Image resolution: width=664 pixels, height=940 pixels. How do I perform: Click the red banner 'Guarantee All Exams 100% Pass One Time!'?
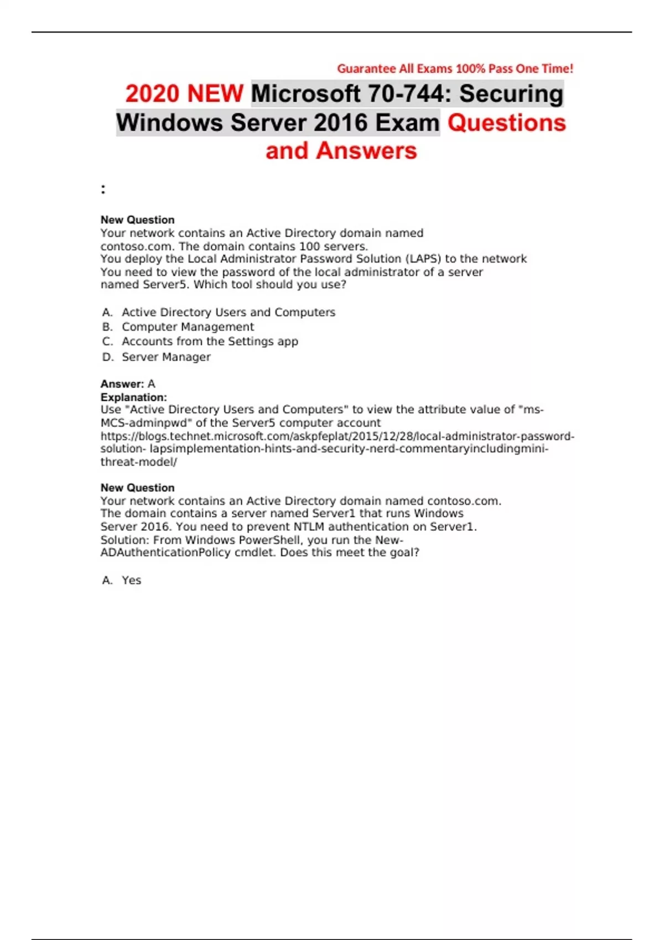[x=455, y=69]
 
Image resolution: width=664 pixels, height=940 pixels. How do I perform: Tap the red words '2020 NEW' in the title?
[x=184, y=93]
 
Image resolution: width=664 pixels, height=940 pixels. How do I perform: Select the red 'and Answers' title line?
[x=341, y=150]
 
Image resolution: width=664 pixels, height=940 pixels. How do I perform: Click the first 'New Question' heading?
[x=137, y=220]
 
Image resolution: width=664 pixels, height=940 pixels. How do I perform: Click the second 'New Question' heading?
[x=137, y=488]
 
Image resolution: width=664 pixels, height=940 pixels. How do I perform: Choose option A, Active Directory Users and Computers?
[x=228, y=312]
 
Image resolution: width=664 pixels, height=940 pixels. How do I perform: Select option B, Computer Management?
[x=188, y=327]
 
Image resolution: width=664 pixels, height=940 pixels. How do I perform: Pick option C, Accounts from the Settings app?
[x=210, y=341]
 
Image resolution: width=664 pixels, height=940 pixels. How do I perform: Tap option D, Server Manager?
[x=166, y=357]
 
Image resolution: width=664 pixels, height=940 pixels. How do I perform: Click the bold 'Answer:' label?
[x=122, y=384]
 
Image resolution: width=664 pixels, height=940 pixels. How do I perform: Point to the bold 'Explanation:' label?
[x=133, y=397]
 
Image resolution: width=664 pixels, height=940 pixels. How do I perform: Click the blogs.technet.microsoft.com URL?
[x=337, y=436]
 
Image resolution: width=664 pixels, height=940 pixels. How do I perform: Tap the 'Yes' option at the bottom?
[x=131, y=580]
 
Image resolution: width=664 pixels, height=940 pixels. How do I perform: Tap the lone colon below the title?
[x=103, y=190]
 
